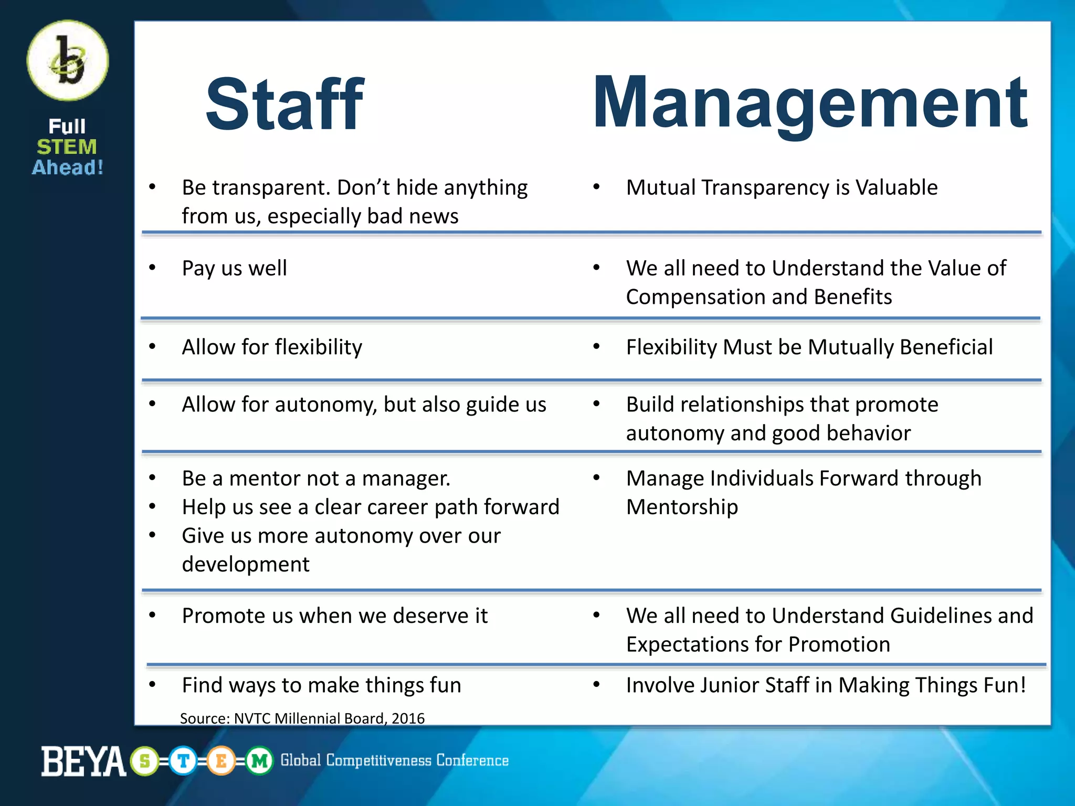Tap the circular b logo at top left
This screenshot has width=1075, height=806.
(68, 61)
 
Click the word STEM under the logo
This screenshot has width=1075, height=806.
(67, 147)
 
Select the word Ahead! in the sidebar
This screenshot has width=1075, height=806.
(68, 168)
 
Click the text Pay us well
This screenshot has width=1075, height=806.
(234, 268)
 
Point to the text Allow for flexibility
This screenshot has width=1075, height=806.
(272, 347)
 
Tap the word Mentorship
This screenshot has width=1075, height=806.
(682, 507)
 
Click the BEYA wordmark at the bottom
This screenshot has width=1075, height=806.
(83, 761)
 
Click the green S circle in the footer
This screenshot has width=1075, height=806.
(145, 761)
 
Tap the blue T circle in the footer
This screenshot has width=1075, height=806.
(183, 761)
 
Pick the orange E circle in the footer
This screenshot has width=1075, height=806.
(221, 761)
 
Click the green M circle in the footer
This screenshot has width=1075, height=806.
(259, 761)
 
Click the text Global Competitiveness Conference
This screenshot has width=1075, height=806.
(394, 760)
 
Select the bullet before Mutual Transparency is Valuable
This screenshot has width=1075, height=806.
(596, 187)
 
